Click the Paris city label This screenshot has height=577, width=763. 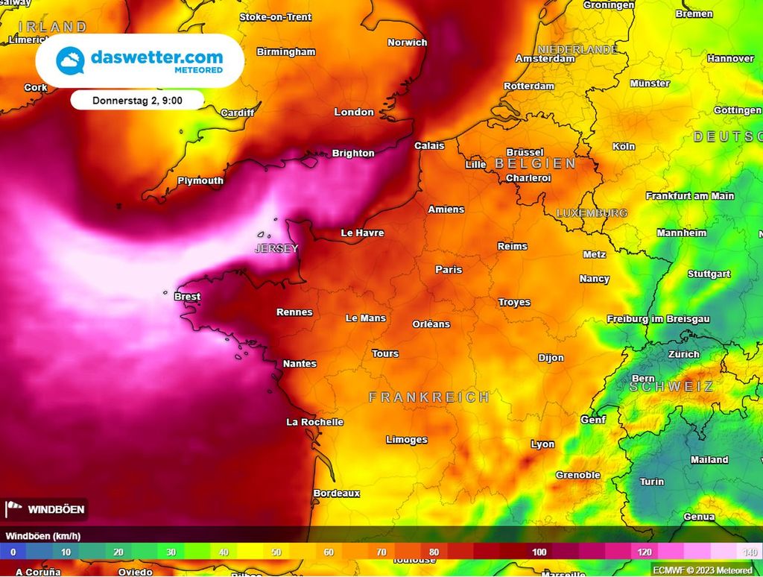pos(449,270)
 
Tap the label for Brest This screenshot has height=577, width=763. pos(187,297)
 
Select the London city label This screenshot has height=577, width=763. pos(354,112)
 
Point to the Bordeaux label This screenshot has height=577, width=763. pos(337,494)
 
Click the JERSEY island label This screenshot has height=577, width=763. pos(276,248)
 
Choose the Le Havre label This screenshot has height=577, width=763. pos(362,233)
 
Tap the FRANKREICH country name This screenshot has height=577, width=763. pos(429,397)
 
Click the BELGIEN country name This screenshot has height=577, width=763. pos(535,163)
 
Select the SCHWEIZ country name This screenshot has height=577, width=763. pos(671,386)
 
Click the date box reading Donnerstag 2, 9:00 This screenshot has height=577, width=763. pos(138,100)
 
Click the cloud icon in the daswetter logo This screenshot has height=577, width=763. pos(71,61)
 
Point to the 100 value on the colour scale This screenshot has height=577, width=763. pos(539,552)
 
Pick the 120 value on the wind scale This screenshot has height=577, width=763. pos(645,552)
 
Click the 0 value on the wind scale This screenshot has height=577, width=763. pos(13,552)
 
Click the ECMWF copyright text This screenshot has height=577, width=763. pos(703,570)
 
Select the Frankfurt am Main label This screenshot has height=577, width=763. pos(690,196)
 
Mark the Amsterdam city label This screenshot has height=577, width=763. pos(545,59)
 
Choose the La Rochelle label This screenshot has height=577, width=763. pos(315,422)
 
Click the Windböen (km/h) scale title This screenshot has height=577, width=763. pos(43,536)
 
